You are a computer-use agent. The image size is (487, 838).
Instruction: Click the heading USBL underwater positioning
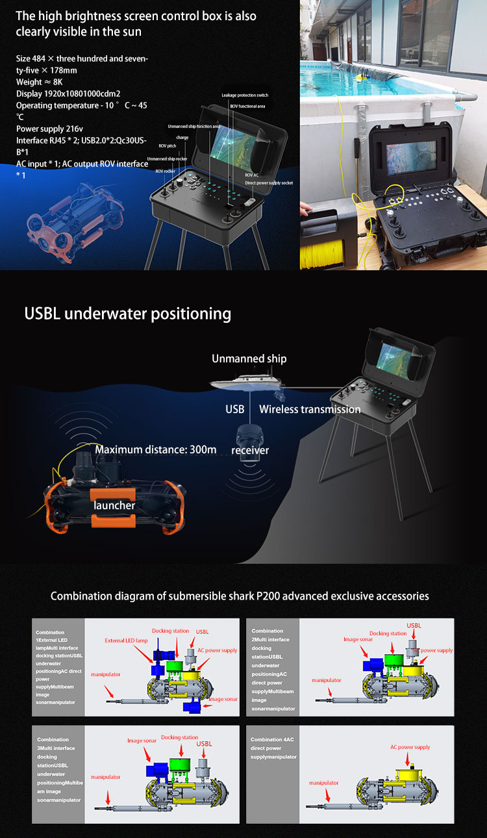127,314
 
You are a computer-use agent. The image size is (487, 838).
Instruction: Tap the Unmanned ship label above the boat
249,359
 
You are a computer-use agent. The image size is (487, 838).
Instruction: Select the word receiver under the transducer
250,450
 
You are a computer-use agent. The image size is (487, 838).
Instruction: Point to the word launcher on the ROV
114,505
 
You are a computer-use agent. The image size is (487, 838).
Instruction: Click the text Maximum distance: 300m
156,449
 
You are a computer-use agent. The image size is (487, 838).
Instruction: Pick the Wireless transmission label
310,409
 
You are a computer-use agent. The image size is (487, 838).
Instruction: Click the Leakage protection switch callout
245,95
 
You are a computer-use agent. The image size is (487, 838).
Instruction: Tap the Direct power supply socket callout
269,183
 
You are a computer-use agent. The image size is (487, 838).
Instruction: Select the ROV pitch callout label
168,146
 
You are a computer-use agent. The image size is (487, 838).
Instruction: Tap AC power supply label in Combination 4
410,747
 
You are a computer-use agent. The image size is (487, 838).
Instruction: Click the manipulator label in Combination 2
326,680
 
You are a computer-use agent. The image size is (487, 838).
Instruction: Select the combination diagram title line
240,596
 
